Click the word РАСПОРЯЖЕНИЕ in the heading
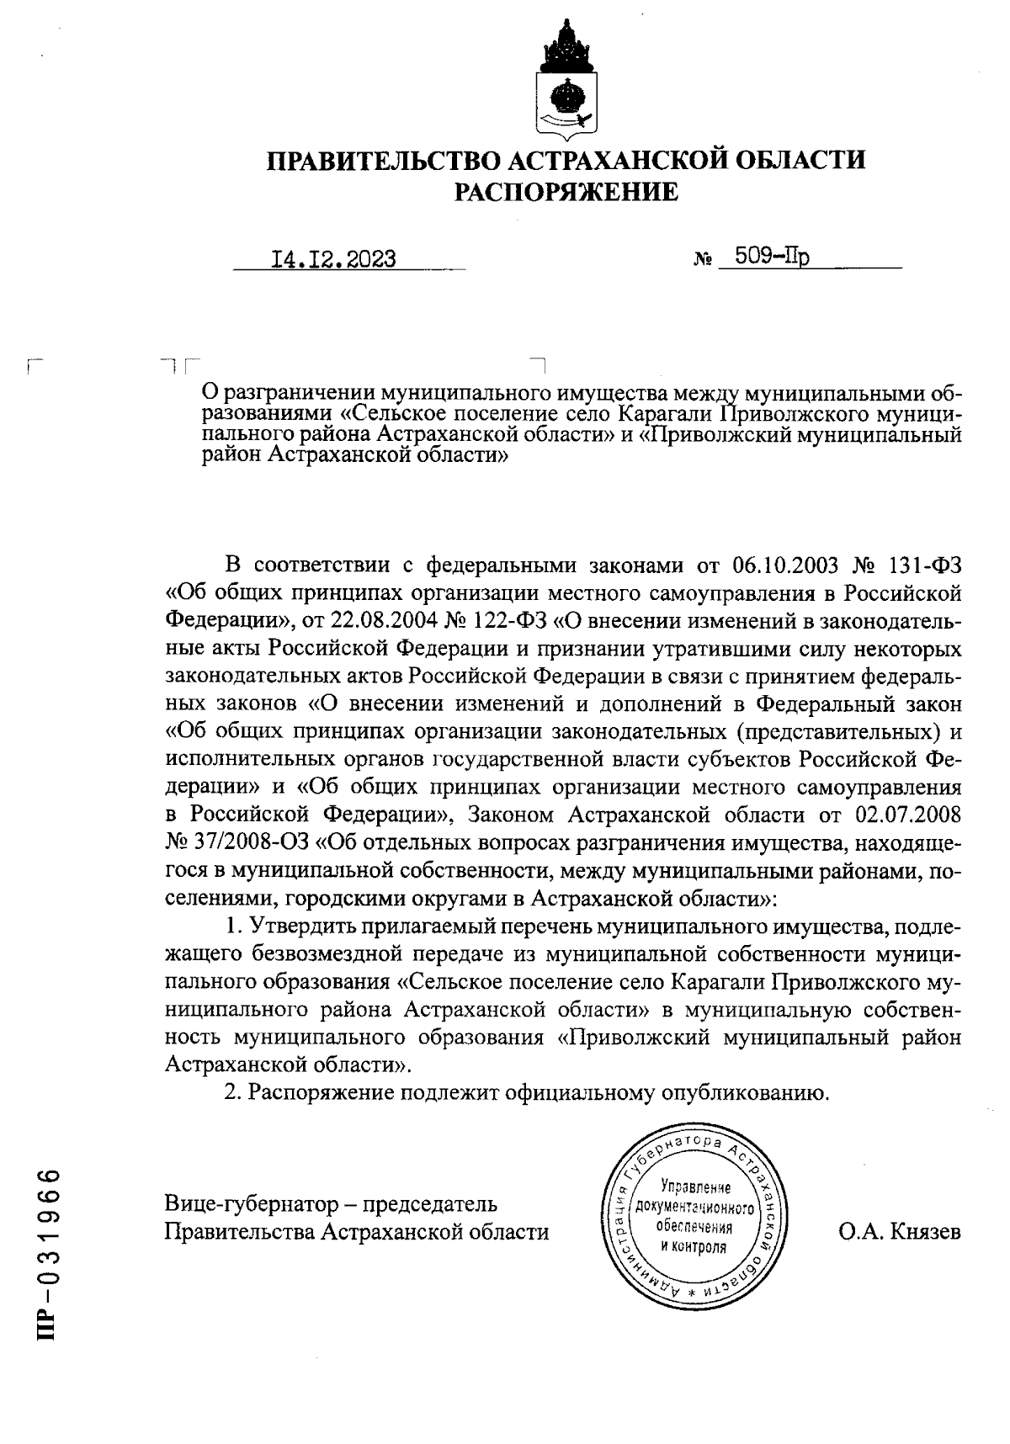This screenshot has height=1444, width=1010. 566,193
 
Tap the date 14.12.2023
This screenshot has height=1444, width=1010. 333,258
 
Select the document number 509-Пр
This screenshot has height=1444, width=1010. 771,256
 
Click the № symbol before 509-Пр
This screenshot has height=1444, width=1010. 701,260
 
